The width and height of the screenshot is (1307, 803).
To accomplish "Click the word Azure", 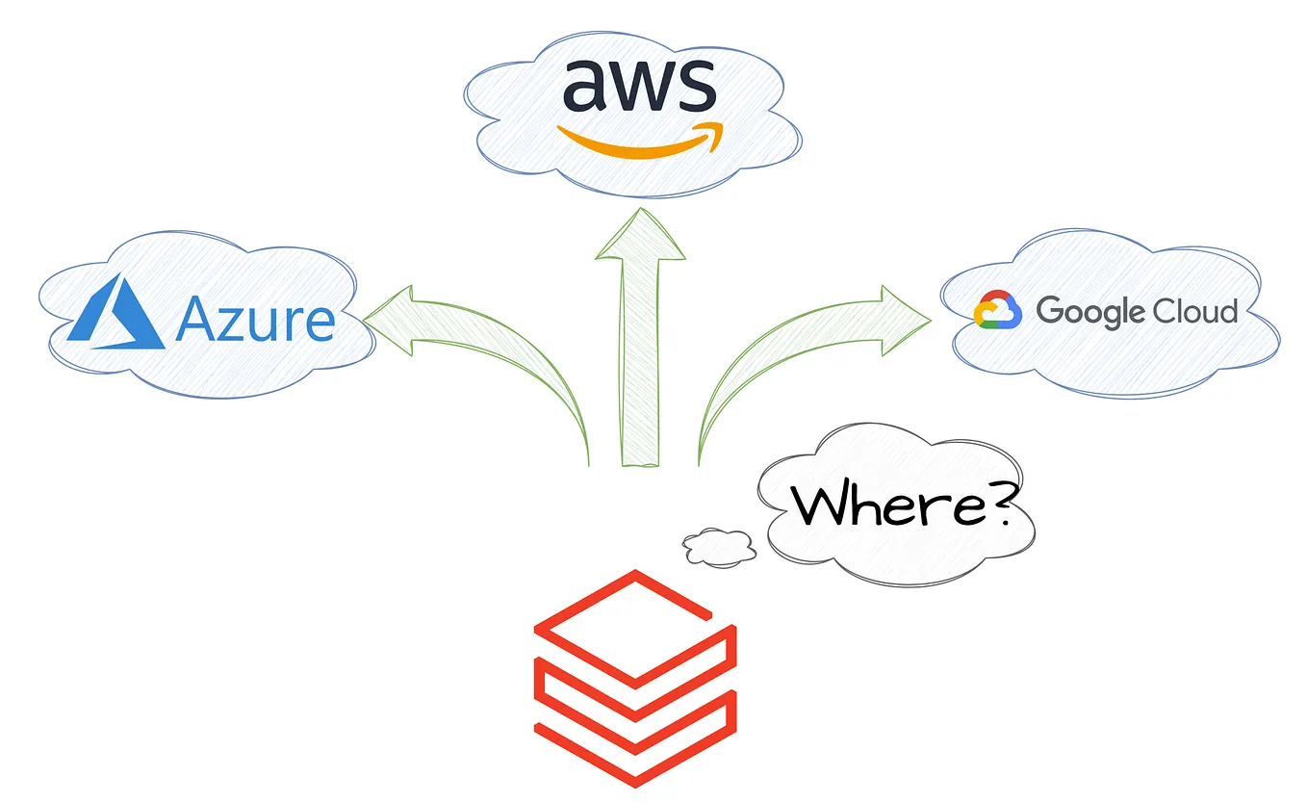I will coord(256,320).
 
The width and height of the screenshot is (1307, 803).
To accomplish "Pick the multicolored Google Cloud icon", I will coord(997,311).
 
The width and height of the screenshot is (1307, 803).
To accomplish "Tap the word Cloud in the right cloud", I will coord(1196,311).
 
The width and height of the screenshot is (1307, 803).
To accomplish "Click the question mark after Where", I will coord(997,502).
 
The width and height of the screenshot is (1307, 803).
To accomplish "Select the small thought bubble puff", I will coord(719,546).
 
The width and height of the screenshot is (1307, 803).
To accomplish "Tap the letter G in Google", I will coord(1052,311).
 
